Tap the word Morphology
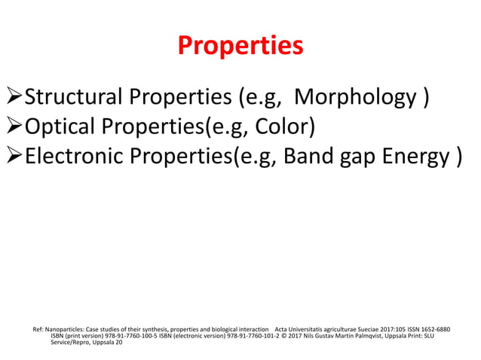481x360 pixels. coord(354,97)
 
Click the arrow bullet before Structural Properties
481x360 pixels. coord(14,98)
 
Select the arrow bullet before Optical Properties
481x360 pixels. coord(14,128)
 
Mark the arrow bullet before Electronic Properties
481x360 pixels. coord(14,158)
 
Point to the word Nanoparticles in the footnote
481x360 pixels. coord(65,330)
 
